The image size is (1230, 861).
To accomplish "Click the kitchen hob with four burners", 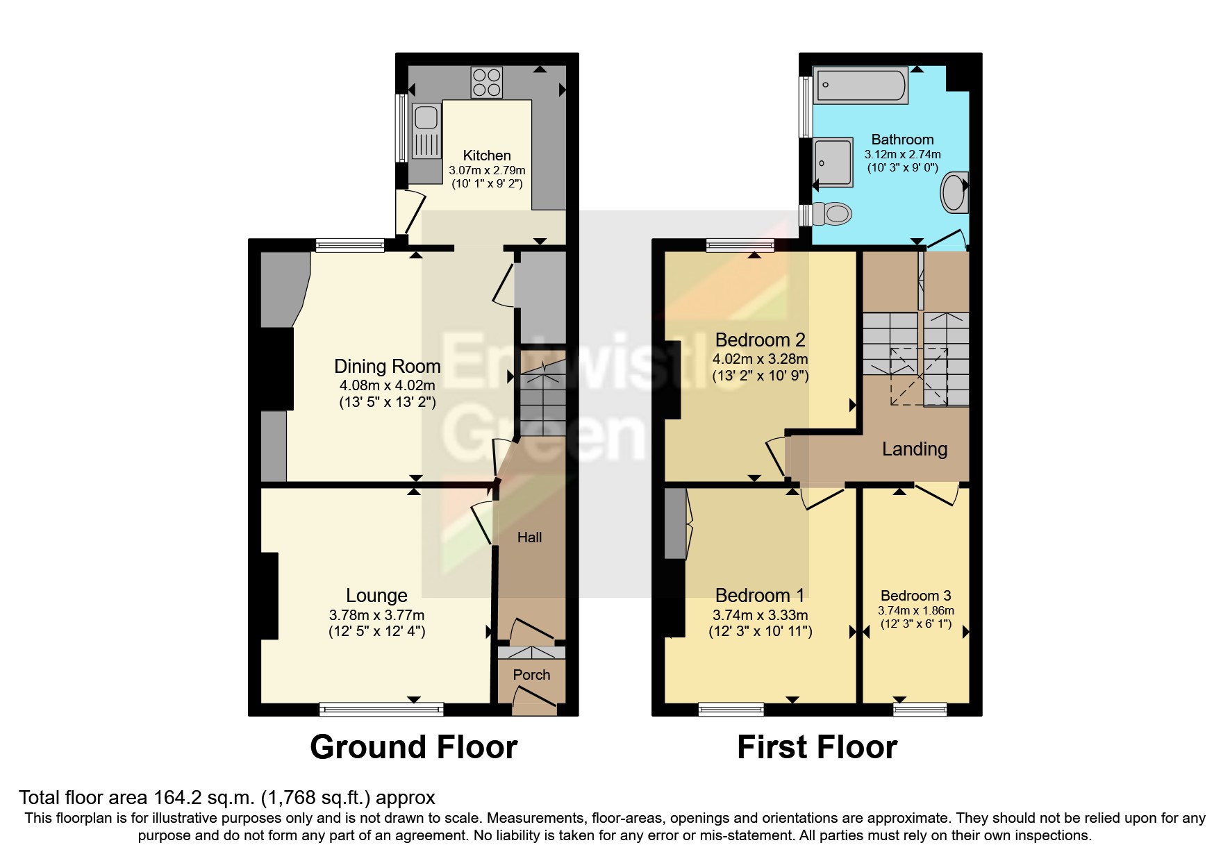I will coord(486,82).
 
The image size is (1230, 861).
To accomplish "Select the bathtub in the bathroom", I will coord(860,85).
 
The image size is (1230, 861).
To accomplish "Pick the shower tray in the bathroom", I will coord(833,162).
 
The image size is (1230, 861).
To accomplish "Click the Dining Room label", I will coord(387,367).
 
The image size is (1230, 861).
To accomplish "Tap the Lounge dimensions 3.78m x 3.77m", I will coord(376,615).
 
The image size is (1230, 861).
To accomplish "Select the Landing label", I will coord(914,449).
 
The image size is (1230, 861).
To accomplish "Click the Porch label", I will coord(531,675).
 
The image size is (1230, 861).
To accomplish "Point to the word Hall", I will coord(529,537).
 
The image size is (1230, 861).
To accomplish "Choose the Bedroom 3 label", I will coord(915,596).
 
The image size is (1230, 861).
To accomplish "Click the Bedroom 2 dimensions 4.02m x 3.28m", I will coord(760,359).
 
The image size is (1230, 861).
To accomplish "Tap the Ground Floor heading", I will coord(413,748).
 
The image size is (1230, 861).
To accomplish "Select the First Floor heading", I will coord(817,748).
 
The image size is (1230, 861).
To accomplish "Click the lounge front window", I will coord(381,709).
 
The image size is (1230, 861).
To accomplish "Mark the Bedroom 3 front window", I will coord(920,709).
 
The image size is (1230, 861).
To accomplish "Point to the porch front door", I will coord(535,700).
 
